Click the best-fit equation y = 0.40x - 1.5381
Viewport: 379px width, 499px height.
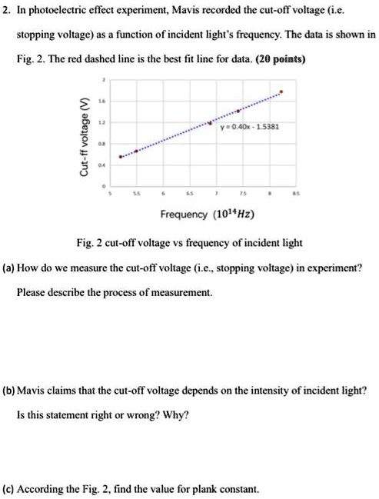coord(248,127)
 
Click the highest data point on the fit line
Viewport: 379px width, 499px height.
coord(281,92)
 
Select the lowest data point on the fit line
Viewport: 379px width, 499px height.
coord(120,157)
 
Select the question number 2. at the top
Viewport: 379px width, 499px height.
coord(8,12)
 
